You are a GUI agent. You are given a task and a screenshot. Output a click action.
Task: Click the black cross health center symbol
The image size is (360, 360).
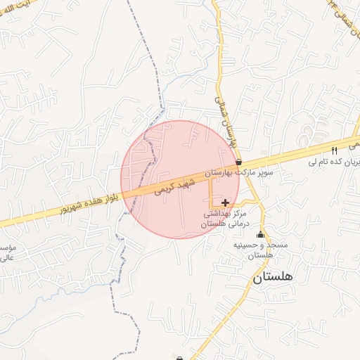coord(225,202)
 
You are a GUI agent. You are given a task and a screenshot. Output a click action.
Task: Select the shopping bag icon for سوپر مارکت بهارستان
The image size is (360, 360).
coord(240,162)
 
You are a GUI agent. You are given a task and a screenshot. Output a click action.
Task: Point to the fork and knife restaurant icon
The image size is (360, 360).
coord(334,150)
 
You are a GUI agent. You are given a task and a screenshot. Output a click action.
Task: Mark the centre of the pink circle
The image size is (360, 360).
coord(180,179)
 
